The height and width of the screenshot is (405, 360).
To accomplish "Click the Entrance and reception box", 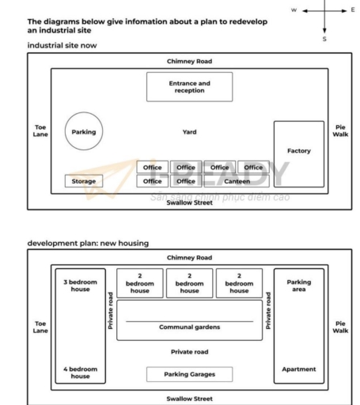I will click(x=189, y=86).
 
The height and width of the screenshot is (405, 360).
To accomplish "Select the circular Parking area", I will click(x=83, y=132).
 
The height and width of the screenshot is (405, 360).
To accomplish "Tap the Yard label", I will click(x=189, y=132).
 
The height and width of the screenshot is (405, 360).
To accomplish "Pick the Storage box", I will click(x=83, y=181).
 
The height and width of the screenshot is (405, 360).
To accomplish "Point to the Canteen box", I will click(x=237, y=181).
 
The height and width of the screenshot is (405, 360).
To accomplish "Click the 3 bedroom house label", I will click(x=80, y=286).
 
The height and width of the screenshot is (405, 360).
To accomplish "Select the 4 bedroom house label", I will click(x=80, y=373).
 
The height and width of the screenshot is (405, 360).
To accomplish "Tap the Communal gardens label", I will click(x=189, y=327).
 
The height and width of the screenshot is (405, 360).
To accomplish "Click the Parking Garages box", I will click(x=189, y=374).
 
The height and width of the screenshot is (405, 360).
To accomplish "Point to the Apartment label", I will click(x=298, y=369).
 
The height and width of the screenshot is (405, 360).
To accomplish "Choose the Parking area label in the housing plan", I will click(x=298, y=286).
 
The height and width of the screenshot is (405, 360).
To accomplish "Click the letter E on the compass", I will click(x=352, y=10).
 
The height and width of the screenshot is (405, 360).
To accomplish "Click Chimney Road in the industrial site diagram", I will click(x=189, y=61).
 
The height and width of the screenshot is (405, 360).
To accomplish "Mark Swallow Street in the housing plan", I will click(x=189, y=399).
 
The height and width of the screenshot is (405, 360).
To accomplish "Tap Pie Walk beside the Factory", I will click(x=340, y=131).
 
